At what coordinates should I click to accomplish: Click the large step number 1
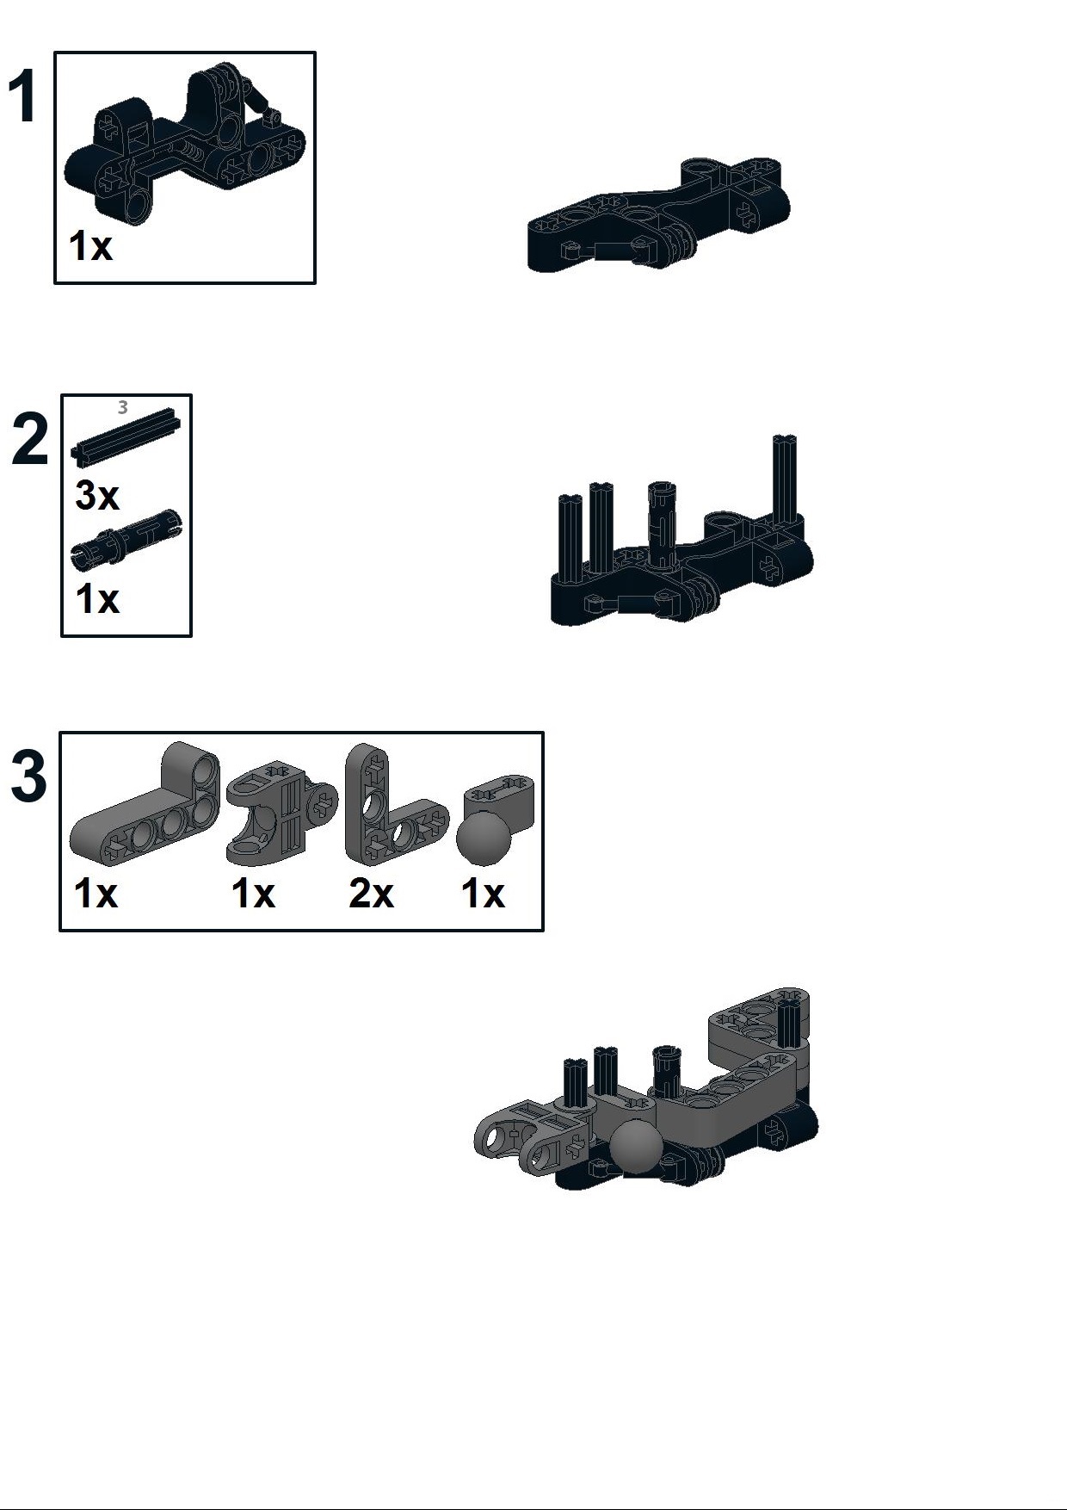[23, 98]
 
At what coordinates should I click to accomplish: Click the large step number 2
[31, 440]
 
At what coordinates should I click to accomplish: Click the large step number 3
[28, 777]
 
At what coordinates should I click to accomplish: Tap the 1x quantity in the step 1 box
[90, 246]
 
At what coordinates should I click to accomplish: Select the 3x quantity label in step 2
[97, 496]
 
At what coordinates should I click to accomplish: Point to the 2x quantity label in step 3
[371, 894]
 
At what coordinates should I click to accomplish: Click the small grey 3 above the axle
[123, 407]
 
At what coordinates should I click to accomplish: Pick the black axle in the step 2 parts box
[126, 436]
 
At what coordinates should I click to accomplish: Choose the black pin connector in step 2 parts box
[126, 539]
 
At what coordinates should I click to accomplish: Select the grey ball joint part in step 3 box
[495, 822]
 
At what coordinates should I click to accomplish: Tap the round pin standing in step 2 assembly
[661, 525]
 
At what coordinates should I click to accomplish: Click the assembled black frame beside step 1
[658, 215]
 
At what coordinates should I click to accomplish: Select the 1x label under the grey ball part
[483, 894]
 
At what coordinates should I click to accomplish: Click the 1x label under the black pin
[97, 599]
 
